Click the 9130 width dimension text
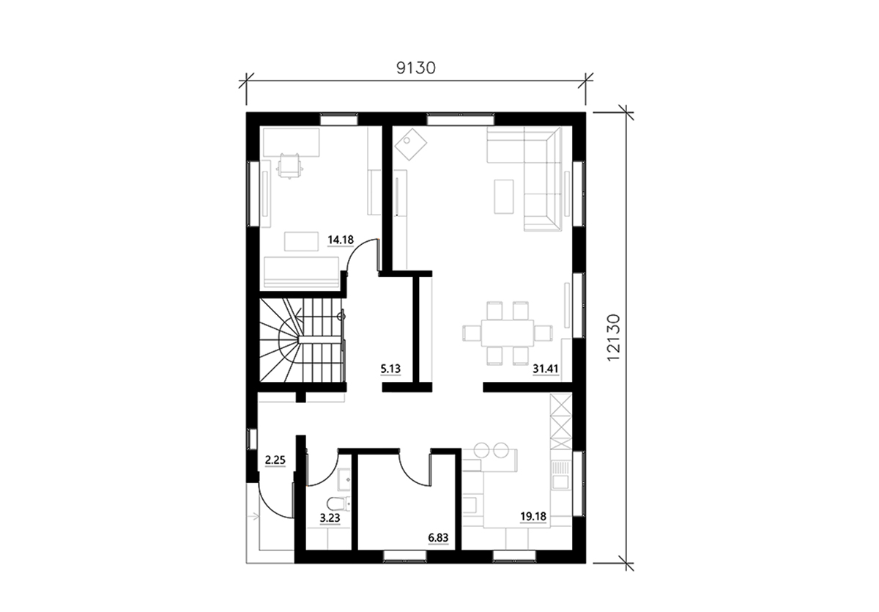click(416, 68)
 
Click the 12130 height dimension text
click(613, 338)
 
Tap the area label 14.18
click(341, 240)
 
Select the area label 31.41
click(546, 369)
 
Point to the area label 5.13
click(390, 369)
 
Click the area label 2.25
click(275, 460)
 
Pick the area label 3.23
click(330, 518)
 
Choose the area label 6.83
click(438, 537)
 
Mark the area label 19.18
click(533, 516)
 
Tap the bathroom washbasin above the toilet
click(344, 480)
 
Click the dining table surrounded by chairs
click(508, 333)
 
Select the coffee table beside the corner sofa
click(504, 196)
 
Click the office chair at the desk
click(289, 166)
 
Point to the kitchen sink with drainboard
click(561, 475)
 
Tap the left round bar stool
click(482, 450)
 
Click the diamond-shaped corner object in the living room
click(411, 144)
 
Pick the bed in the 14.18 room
click(301, 272)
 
